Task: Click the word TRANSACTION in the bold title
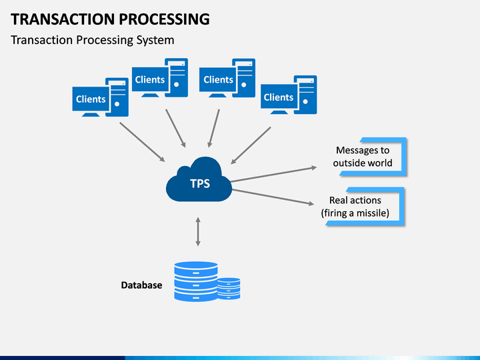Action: click(x=63, y=19)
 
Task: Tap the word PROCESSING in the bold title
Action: click(x=164, y=19)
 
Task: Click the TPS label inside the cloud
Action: click(x=200, y=183)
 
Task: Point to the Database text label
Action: click(x=141, y=285)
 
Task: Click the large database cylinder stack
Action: click(x=196, y=281)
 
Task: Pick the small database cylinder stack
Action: click(x=229, y=289)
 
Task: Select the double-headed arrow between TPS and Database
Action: click(x=198, y=232)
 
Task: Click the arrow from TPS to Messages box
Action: click(x=273, y=175)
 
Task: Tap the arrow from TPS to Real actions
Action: click(x=273, y=197)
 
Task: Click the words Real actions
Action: click(x=355, y=200)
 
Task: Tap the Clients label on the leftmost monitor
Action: click(x=91, y=99)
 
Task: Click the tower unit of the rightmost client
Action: click(x=305, y=95)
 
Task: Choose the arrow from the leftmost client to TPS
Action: click(x=142, y=142)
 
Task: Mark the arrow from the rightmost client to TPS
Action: click(x=251, y=146)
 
